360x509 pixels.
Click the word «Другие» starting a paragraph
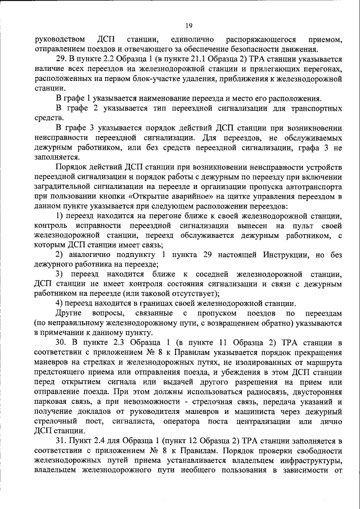[x=70, y=312]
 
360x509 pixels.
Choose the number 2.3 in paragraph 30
[x=129, y=342]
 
